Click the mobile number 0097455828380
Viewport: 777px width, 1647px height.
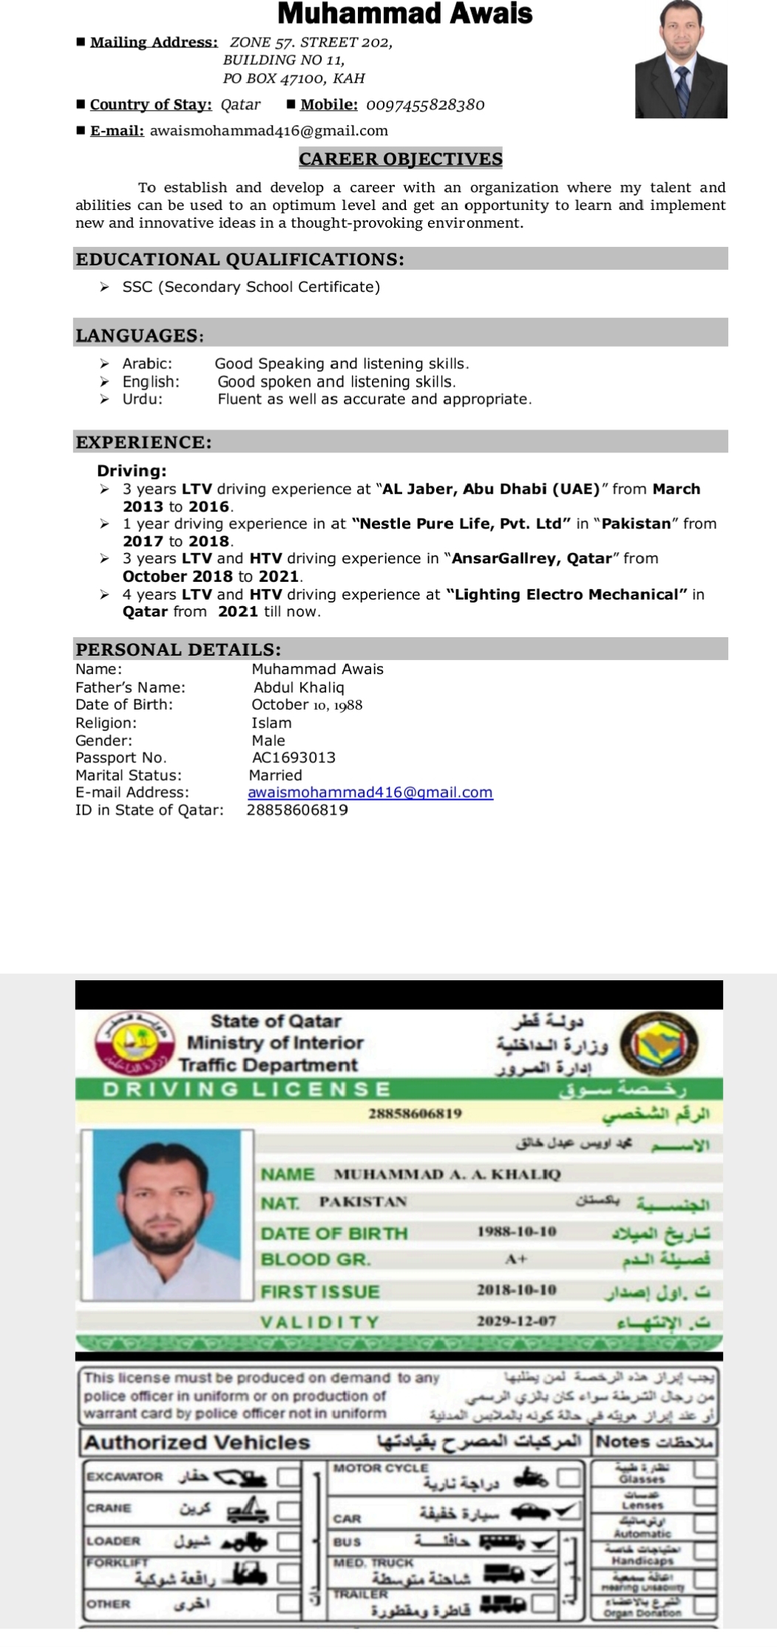(425, 105)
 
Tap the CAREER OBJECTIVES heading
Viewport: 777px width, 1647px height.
(401, 159)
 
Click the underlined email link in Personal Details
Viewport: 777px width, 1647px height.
(370, 792)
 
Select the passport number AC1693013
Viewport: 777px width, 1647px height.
(294, 758)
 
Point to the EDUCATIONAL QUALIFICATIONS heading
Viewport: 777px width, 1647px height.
(240, 259)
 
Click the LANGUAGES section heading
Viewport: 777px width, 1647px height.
(140, 336)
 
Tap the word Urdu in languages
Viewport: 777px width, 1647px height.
(142, 399)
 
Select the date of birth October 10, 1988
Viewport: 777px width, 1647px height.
(307, 705)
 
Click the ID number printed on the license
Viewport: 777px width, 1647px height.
(415, 1113)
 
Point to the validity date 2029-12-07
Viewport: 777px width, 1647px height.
(516, 1321)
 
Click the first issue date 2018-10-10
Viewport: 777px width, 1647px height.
(516, 1290)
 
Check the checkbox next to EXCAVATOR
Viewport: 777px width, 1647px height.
(288, 1477)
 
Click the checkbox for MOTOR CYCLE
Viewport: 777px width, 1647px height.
(568, 1477)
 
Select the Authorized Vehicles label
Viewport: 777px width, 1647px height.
(197, 1442)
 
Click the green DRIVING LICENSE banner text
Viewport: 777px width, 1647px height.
(246, 1090)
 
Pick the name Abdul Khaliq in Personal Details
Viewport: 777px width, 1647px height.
(299, 687)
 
